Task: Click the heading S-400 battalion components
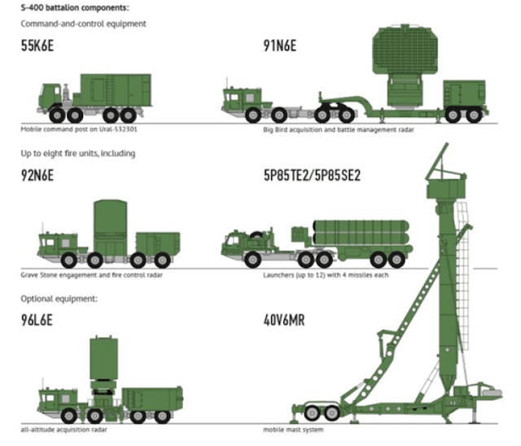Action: click(74, 7)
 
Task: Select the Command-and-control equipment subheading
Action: click(84, 24)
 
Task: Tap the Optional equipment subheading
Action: click(59, 299)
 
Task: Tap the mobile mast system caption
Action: click(292, 429)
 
